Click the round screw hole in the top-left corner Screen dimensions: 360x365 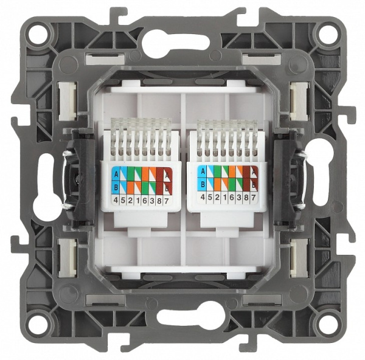[x=38, y=32]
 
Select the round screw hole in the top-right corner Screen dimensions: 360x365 [x=327, y=32]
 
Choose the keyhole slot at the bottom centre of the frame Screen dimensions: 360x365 [x=182, y=317]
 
